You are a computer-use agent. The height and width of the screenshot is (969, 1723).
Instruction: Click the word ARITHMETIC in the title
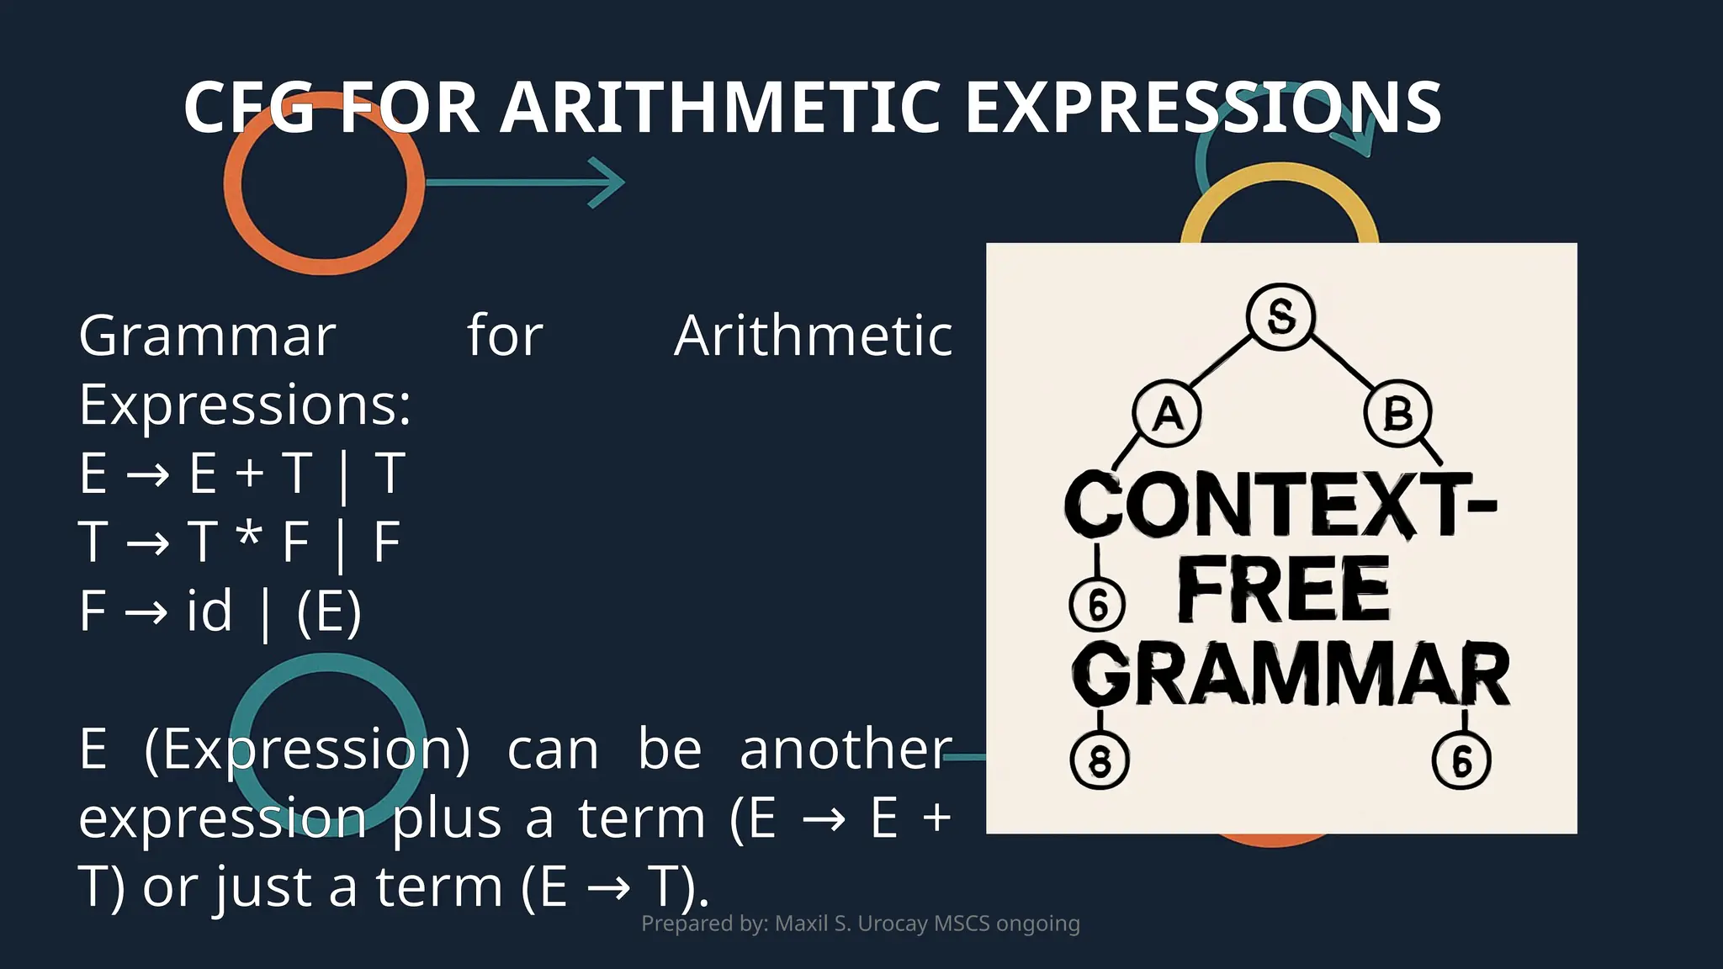[x=720, y=108]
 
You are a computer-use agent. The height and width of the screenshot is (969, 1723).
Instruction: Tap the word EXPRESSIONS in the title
[x=1203, y=108]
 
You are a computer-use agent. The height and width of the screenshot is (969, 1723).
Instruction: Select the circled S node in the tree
[x=1280, y=316]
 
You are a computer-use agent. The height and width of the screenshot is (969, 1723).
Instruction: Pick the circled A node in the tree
[x=1167, y=413]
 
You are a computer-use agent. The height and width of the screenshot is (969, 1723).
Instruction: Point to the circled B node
[x=1397, y=413]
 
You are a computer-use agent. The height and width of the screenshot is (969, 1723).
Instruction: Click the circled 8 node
[x=1100, y=760]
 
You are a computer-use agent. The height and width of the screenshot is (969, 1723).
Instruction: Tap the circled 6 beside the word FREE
[x=1098, y=604]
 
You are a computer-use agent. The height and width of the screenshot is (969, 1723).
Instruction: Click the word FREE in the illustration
[x=1283, y=590]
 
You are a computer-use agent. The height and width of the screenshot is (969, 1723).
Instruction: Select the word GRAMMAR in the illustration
[x=1291, y=675]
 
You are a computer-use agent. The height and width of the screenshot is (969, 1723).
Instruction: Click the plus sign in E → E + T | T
[x=250, y=474]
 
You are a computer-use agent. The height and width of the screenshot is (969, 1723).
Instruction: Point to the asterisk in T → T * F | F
[x=248, y=536]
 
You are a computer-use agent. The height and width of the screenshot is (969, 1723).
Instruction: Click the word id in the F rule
[x=209, y=612]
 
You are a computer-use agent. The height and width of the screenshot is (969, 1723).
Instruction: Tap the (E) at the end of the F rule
[x=329, y=612]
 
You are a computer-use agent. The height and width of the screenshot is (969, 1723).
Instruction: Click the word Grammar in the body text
[x=207, y=336]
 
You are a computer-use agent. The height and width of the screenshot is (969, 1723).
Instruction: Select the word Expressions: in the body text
[x=245, y=405]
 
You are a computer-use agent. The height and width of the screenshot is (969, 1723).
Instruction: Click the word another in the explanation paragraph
[x=846, y=749]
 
